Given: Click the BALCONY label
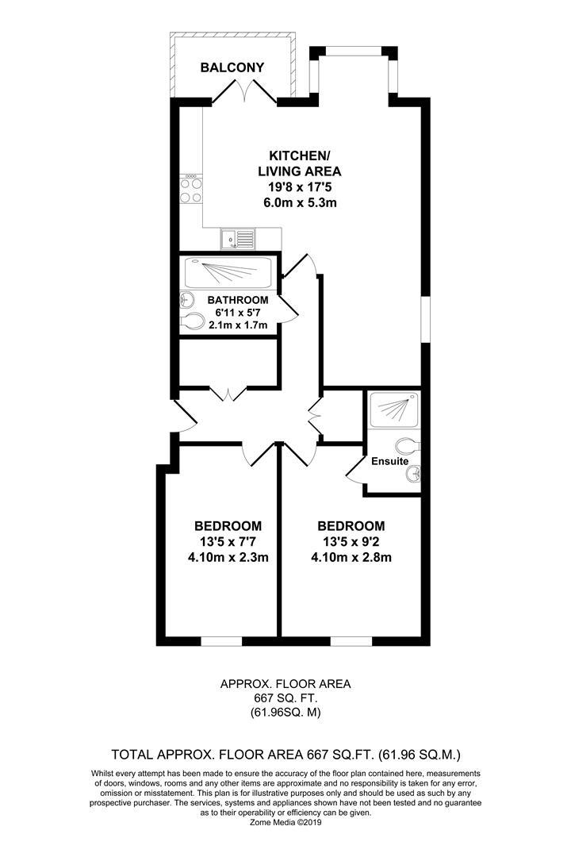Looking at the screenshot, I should click(232, 68).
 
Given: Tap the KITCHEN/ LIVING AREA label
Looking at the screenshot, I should click(300, 163).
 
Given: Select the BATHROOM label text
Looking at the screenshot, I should click(238, 300).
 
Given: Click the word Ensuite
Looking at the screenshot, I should click(389, 461).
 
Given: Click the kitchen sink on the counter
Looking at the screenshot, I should click(238, 236).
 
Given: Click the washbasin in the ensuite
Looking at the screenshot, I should click(413, 475).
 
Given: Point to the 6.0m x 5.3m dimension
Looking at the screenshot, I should click(300, 202).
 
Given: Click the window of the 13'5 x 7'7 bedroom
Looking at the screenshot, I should click(221, 640).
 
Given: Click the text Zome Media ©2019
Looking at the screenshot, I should click(285, 823).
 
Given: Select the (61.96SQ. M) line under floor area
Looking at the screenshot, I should click(285, 713).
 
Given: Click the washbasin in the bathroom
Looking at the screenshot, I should click(187, 300).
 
